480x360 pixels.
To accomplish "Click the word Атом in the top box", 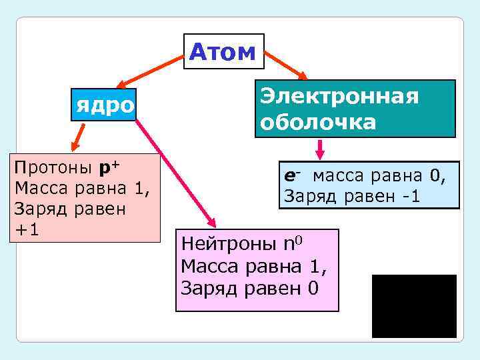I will pos(223,51).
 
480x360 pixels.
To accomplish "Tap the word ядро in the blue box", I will pos(104,105).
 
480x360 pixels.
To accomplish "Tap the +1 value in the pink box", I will pos(28,229).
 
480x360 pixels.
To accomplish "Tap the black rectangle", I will pos(414,306).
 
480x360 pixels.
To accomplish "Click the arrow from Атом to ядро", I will pos(149,73).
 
